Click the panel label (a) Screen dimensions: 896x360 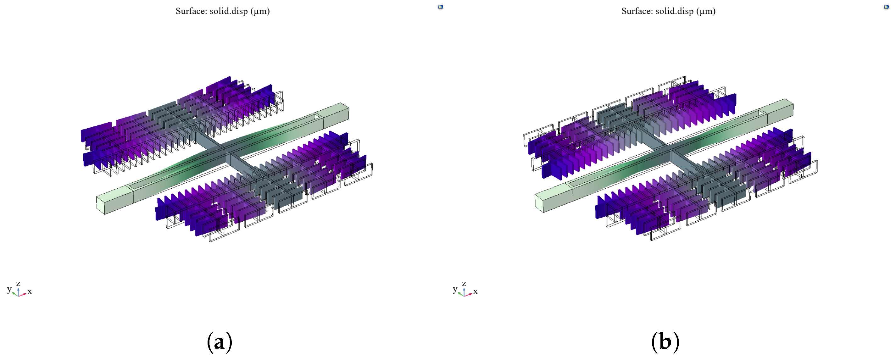(x=220, y=342)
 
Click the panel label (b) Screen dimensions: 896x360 (x=665, y=342)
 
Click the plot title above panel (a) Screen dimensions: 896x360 (x=223, y=11)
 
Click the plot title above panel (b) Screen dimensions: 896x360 (x=668, y=11)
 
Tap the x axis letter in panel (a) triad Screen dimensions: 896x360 (x=30, y=291)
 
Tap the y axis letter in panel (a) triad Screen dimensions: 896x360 (x=9, y=289)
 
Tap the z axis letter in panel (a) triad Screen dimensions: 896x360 (x=18, y=284)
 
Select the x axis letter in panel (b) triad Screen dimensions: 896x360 (x=475, y=291)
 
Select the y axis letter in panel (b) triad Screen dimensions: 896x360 (x=455, y=289)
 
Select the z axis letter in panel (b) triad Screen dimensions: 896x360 (x=464, y=284)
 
